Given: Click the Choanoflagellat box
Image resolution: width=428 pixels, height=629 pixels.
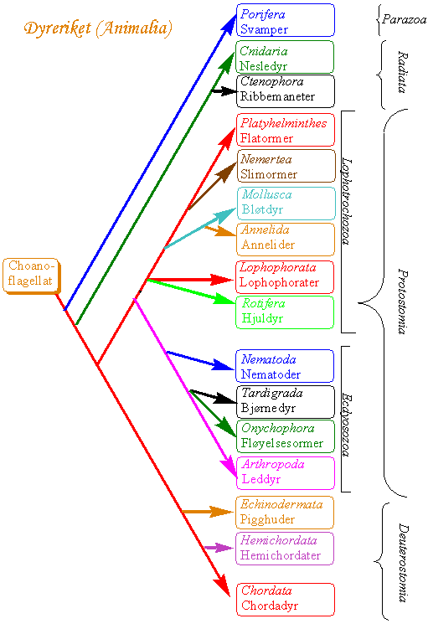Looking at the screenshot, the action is (x=31, y=276).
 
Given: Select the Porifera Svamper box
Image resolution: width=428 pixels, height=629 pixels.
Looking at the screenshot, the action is (x=286, y=20).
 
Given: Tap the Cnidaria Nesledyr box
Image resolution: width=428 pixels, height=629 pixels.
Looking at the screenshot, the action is (x=285, y=57).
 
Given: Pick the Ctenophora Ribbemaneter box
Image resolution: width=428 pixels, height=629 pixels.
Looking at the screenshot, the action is (x=286, y=91).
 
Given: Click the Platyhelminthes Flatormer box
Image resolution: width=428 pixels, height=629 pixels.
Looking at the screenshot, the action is (x=286, y=130).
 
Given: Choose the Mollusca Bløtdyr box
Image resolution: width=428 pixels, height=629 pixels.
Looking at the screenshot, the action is (x=286, y=204).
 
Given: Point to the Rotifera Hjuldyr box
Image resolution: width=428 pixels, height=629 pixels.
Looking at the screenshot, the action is (x=285, y=312).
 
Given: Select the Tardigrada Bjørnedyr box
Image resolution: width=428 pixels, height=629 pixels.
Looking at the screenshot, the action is (x=286, y=402).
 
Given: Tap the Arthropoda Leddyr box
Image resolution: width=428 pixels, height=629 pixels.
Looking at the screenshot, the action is (x=286, y=473).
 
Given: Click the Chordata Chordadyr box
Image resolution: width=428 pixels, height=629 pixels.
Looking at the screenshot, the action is (x=286, y=600).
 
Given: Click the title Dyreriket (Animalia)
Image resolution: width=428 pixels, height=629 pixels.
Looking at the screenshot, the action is (x=98, y=28).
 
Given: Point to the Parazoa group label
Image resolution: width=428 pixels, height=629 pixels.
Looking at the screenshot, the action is (x=404, y=19).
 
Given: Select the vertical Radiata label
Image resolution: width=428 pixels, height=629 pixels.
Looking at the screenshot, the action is (x=403, y=72).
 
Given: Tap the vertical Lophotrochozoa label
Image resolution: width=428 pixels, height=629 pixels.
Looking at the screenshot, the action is (x=347, y=201).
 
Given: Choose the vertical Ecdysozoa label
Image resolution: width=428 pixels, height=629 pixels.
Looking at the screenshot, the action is (x=347, y=425).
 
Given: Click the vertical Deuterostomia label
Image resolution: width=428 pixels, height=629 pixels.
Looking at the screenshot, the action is (x=403, y=562).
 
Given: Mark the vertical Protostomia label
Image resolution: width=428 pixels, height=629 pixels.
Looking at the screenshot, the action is (x=403, y=302).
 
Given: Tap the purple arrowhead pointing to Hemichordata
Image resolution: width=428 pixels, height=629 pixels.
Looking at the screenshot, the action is (x=224, y=548).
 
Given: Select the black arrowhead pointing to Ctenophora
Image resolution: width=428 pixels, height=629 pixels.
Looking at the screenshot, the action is (x=229, y=91).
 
